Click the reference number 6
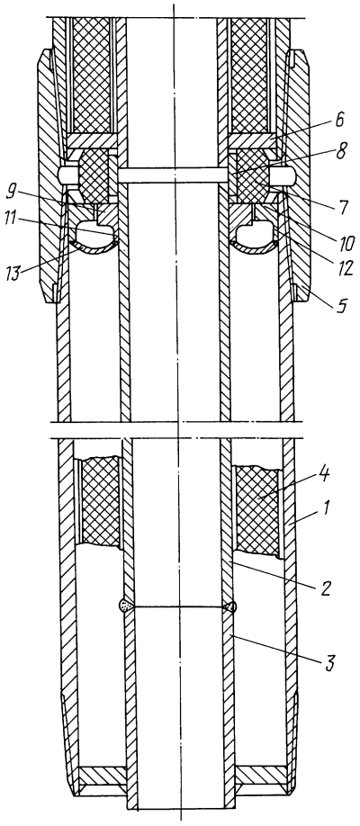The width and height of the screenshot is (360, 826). [x=339, y=121]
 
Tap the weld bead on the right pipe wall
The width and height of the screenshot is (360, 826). [x=231, y=606]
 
